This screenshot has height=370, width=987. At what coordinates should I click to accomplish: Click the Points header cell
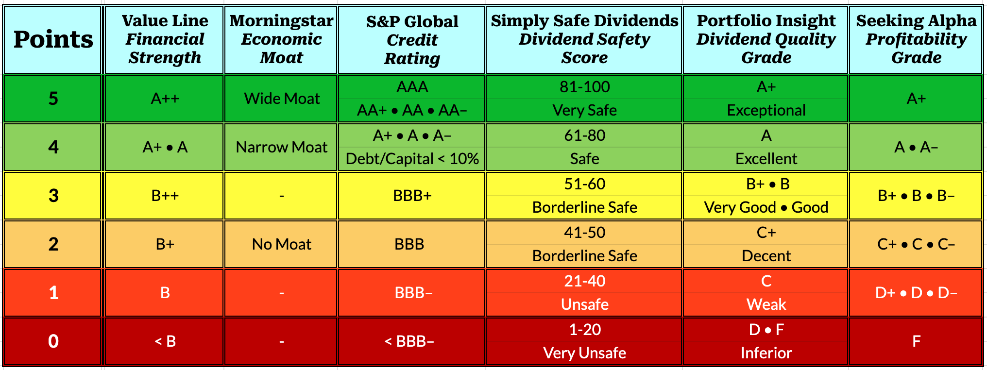(x=53, y=40)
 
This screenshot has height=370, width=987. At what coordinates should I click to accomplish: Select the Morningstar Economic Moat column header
(x=281, y=39)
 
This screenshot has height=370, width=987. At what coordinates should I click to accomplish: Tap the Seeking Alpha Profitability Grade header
(x=916, y=39)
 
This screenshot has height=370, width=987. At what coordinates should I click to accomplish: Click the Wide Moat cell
(x=282, y=99)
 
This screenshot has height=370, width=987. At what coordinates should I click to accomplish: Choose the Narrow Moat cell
(x=282, y=147)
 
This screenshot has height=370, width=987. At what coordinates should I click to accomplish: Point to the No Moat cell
(x=282, y=244)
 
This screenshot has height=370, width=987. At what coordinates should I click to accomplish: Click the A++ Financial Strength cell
(x=165, y=99)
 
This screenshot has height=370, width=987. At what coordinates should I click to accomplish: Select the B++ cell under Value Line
(x=165, y=196)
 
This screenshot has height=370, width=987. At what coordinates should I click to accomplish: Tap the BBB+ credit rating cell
(x=412, y=196)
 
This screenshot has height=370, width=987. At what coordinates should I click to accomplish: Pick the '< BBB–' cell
(x=409, y=341)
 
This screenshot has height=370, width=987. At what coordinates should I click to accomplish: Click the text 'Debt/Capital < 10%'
(x=412, y=159)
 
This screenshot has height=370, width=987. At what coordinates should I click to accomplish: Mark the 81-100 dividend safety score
(x=584, y=87)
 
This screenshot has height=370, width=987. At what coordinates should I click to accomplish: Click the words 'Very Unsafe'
(x=584, y=353)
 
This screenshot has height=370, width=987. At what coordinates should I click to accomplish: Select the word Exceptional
(x=766, y=110)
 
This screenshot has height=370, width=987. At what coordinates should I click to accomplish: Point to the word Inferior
(x=766, y=353)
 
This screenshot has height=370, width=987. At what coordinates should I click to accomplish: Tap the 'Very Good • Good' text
(x=766, y=207)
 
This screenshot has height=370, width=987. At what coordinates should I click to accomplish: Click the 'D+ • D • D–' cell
(x=916, y=293)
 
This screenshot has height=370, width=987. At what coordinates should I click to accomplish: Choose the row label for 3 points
(x=53, y=196)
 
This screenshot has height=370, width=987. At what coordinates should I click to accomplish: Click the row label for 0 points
(x=53, y=341)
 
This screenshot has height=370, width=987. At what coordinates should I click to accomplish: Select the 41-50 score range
(x=584, y=233)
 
